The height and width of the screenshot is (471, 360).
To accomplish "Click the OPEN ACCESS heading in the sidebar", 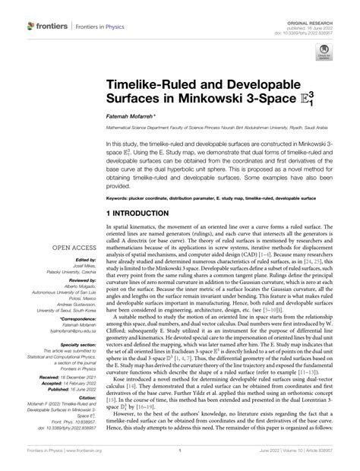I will [73, 247].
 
